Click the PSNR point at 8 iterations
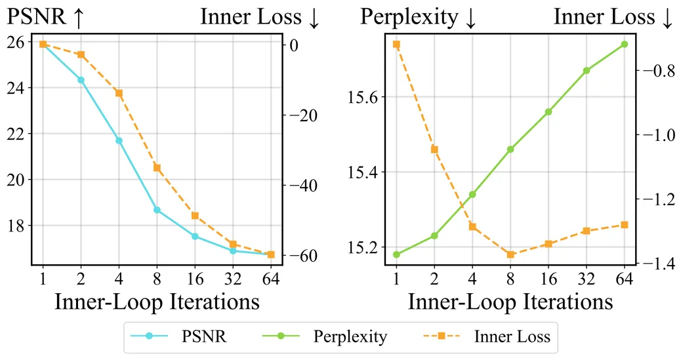pyautogui.click(x=157, y=210)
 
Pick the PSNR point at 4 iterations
pyautogui.click(x=119, y=140)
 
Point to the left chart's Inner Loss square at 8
pyautogui.click(x=157, y=167)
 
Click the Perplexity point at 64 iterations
pyautogui.click(x=625, y=44)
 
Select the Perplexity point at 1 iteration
pyautogui.click(x=396, y=254)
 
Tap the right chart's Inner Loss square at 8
pyautogui.click(x=510, y=254)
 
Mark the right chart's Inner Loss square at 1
pyautogui.click(x=396, y=44)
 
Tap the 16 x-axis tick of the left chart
pyautogui.click(x=195, y=278)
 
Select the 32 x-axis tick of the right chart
pyautogui.click(x=586, y=278)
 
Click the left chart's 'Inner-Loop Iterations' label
pyautogui.click(x=157, y=302)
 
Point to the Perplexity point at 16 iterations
pyautogui.click(x=548, y=112)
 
